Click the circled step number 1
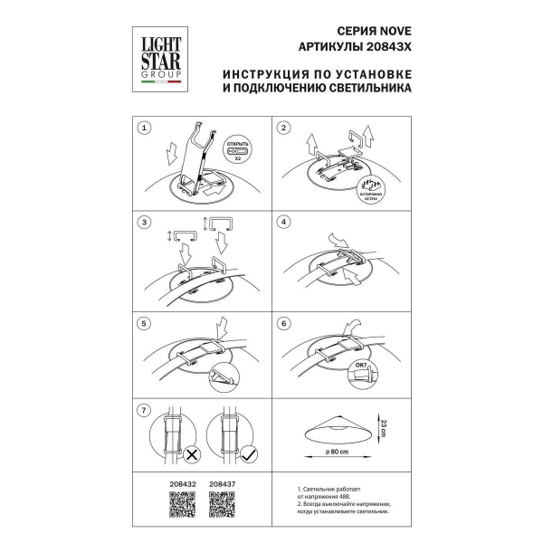143,129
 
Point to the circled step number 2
284,129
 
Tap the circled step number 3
143,222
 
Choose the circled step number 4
284,222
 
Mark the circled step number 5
143,322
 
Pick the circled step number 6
284,322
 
